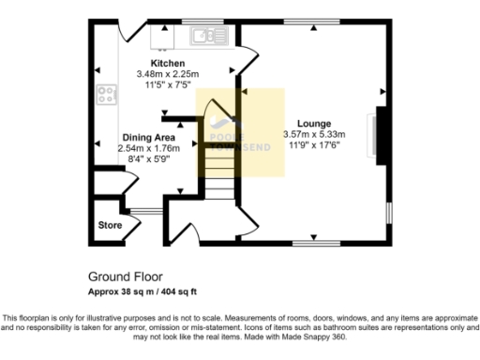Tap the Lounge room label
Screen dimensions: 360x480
point(314,123)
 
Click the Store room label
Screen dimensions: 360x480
point(111,226)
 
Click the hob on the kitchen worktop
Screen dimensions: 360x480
point(104,95)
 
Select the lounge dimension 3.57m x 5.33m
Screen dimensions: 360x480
point(314,134)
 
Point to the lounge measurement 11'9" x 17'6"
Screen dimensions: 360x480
point(314,144)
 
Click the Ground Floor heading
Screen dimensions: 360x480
point(125,277)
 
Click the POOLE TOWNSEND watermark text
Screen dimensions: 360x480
point(231,131)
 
